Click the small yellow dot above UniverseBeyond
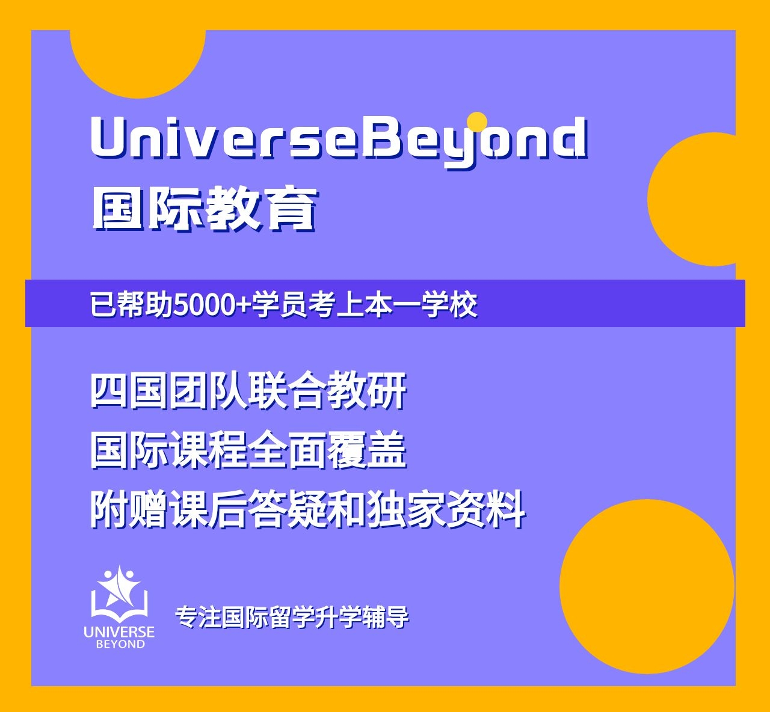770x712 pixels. click(477, 122)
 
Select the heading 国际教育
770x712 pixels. click(205, 208)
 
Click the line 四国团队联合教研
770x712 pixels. click(248, 391)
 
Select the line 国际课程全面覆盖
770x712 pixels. click(248, 451)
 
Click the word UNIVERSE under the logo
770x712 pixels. click(119, 632)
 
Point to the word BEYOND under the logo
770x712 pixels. click(120, 644)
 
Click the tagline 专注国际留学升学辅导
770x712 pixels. click(292, 617)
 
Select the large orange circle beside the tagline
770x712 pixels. click(647, 586)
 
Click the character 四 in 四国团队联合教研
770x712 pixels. click(109, 391)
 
